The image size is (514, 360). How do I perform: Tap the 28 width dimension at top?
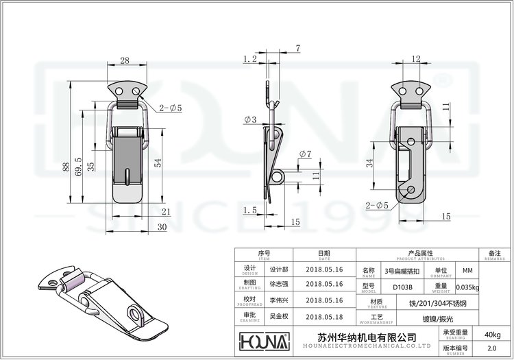pyautogui.click(x=125, y=61)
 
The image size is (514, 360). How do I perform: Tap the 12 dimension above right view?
pyautogui.click(x=416, y=60)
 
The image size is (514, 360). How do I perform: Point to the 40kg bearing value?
pyautogui.click(x=492, y=334)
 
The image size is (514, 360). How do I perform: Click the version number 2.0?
pyautogui.click(x=492, y=349)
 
